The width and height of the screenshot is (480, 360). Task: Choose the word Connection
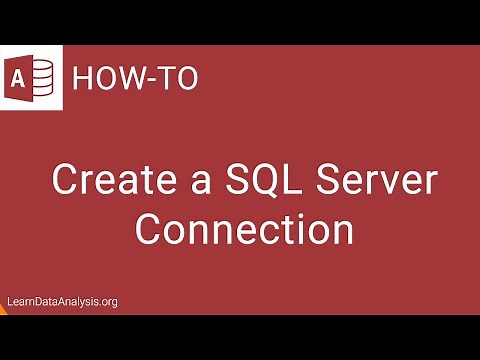244,228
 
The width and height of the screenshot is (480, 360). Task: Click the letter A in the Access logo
20,79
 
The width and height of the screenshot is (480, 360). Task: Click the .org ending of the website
108,301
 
